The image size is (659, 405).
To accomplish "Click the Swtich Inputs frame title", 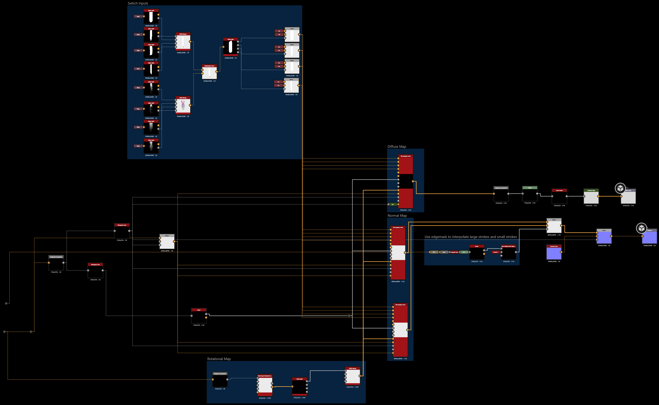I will pos(138,3).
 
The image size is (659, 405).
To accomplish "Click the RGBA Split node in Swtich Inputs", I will pos(230,47).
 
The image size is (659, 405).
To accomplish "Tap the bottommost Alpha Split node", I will pos(151,146).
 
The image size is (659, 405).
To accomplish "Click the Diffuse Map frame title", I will pos(397,146).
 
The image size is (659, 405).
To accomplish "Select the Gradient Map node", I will pos(591,196).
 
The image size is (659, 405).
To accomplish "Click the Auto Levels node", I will pos(559,196).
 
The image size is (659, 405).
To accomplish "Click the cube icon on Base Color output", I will pos(620,188).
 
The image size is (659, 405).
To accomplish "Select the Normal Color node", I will pos(554,252).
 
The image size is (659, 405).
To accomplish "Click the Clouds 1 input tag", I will pos(495,252).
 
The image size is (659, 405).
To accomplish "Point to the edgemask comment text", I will pos(470,237).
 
